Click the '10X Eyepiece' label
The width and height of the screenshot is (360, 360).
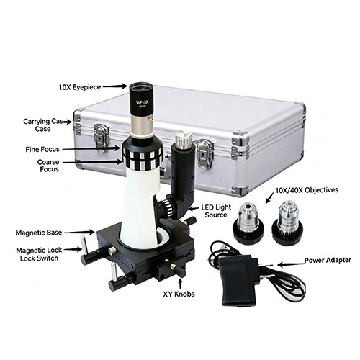click(80, 87)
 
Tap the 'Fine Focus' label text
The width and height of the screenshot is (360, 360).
click(42, 149)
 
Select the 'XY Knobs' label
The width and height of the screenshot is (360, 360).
click(179, 294)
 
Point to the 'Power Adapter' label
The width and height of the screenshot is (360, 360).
click(328, 260)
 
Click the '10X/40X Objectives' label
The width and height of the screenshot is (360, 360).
click(307, 190)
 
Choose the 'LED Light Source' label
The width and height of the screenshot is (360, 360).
click(216, 211)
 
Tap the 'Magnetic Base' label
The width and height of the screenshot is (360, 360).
click(39, 233)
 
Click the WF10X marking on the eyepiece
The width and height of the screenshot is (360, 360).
click(143, 102)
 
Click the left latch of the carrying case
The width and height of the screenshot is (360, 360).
click(102, 138)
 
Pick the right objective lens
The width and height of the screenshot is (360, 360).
click(287, 224)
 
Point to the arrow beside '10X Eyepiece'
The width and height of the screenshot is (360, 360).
click(115, 86)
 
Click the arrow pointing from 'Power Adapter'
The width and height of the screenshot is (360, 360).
click(291, 264)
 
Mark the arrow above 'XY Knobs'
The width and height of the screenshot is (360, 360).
click(180, 283)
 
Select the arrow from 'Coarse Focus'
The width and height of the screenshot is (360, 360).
click(92, 163)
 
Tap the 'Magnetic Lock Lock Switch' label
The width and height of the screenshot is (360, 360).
click(39, 254)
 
